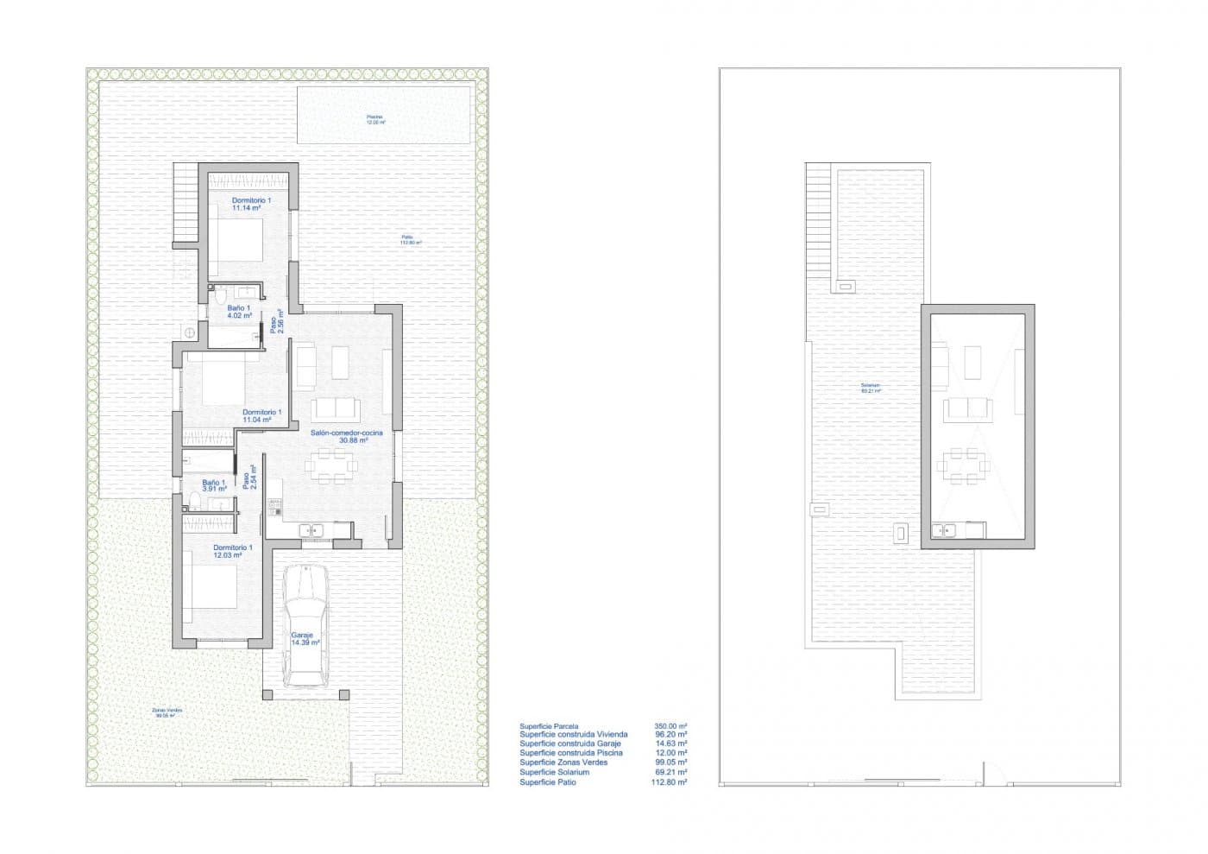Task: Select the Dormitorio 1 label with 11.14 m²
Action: tap(251, 205)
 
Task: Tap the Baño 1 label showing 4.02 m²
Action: tap(239, 312)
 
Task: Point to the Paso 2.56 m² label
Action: tap(276, 321)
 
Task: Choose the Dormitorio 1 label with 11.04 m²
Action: tap(261, 416)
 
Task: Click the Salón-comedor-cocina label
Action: tap(339, 435)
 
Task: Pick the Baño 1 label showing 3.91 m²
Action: tap(214, 485)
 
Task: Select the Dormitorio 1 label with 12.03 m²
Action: tap(232, 551)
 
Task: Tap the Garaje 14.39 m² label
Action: tap(305, 639)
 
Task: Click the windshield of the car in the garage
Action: tap(305, 604)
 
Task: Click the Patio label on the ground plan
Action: tap(409, 240)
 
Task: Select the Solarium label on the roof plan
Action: tap(870, 388)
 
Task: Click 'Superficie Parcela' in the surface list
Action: tap(549, 726)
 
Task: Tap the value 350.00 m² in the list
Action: tap(670, 726)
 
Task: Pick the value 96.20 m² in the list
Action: tap(670, 735)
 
